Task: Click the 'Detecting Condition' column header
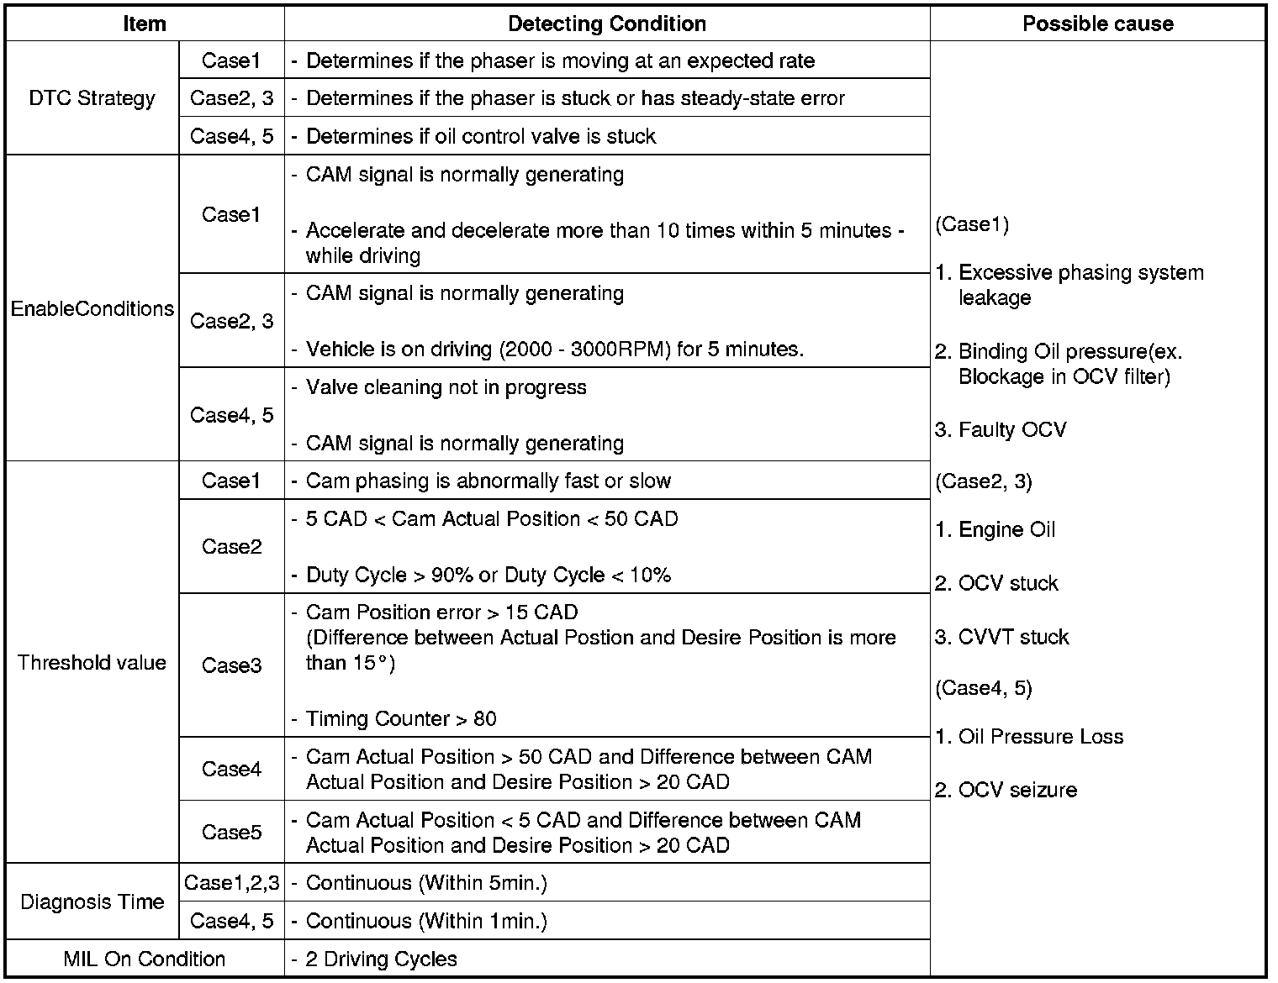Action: [606, 24]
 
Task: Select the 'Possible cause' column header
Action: [1097, 24]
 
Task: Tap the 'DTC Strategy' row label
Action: [92, 98]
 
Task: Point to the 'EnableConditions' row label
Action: [92, 308]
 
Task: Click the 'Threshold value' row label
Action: [92, 662]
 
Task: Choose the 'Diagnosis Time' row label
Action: [92, 902]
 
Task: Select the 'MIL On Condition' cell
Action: [144, 959]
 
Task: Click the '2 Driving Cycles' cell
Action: [381, 959]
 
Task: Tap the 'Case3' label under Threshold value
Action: [231, 665]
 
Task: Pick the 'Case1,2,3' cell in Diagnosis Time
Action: [231, 882]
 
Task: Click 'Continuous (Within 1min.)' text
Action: [426, 921]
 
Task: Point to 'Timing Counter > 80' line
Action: [400, 718]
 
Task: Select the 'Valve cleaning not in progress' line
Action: [446, 387]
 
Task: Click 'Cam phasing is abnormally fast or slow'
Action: [488, 481]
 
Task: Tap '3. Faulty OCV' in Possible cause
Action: [1001, 430]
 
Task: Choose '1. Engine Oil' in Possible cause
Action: [995, 529]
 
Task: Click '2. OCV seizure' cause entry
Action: [1006, 790]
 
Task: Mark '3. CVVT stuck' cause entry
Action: [1001, 637]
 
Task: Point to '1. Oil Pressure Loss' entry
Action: [1029, 737]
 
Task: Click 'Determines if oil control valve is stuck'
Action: [480, 136]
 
